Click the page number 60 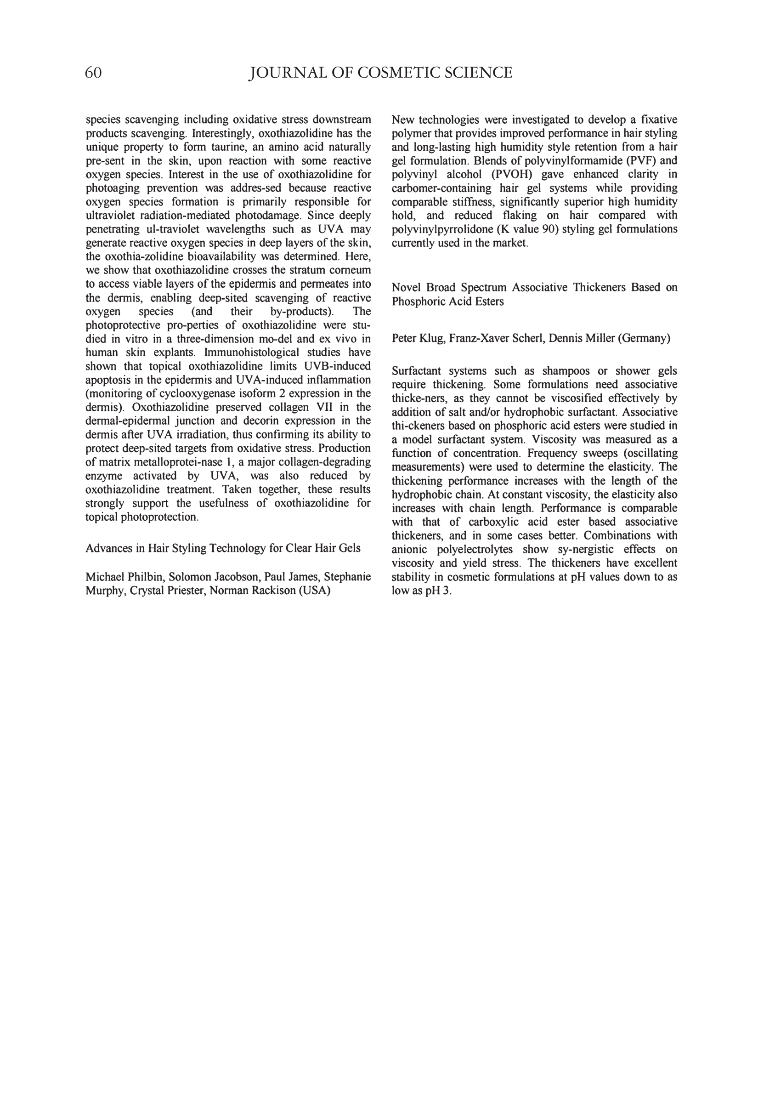point(93,73)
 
